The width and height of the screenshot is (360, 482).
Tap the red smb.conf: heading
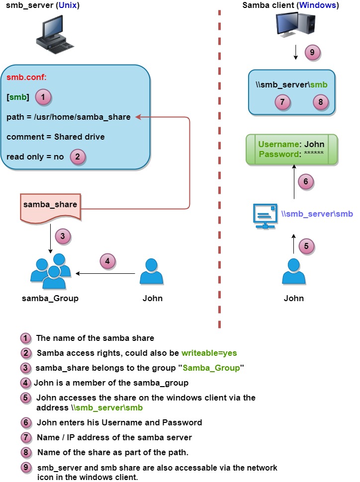[26, 77]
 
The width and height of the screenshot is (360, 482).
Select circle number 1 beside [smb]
[43, 97]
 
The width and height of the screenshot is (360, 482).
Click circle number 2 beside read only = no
[78, 157]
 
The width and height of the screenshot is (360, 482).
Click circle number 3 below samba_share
[63, 237]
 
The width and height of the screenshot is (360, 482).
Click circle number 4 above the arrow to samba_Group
[107, 261]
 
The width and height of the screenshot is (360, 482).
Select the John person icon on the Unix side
[151, 271]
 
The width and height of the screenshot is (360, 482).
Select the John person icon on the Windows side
[294, 271]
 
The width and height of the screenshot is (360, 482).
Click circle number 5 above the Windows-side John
[306, 246]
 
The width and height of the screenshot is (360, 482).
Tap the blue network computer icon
[265, 216]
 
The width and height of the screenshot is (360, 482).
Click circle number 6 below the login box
[306, 182]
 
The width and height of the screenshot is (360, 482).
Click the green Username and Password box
[292, 150]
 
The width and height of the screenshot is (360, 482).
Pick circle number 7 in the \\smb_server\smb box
[282, 102]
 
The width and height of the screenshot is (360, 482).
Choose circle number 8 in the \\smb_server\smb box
[321, 102]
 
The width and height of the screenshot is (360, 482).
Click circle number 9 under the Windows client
[312, 53]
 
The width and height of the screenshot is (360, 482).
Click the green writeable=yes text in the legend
[209, 353]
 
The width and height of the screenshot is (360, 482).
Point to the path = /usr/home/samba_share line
[68, 117]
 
